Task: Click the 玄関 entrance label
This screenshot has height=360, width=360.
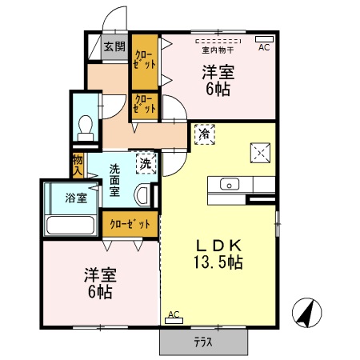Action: (x=115, y=47)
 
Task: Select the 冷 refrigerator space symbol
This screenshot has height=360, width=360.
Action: (x=204, y=134)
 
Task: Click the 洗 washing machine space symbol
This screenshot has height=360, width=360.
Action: (x=145, y=163)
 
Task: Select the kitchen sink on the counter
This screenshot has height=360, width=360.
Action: (x=228, y=185)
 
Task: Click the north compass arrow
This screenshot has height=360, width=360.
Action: (x=305, y=312)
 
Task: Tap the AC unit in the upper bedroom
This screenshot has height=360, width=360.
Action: (x=264, y=38)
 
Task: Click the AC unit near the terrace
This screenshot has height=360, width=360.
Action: (x=174, y=321)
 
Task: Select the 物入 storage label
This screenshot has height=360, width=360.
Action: (x=78, y=166)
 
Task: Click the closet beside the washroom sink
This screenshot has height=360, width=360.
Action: (x=129, y=224)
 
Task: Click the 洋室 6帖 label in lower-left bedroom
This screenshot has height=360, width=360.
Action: (x=100, y=284)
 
